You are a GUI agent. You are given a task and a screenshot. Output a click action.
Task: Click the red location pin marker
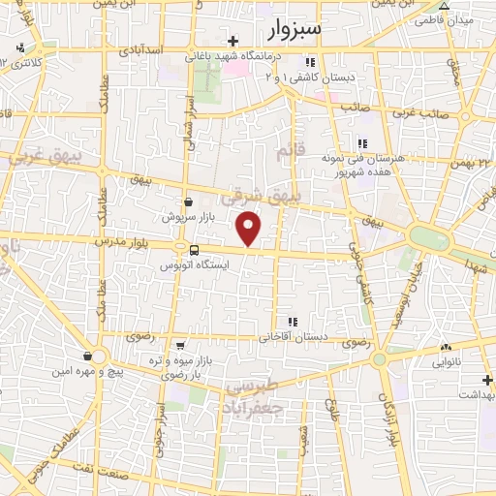(250, 229)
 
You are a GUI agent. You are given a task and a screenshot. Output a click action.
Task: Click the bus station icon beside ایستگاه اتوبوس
(194, 250)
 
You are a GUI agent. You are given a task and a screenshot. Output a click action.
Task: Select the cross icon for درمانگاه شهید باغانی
(232, 41)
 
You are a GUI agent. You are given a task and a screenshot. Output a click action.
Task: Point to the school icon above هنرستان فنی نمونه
(363, 143)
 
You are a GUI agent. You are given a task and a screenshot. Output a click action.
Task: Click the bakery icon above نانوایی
(446, 347)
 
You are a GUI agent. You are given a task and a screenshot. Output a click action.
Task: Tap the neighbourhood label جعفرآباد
(255, 404)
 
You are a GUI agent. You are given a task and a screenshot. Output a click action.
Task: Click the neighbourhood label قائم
(284, 153)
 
